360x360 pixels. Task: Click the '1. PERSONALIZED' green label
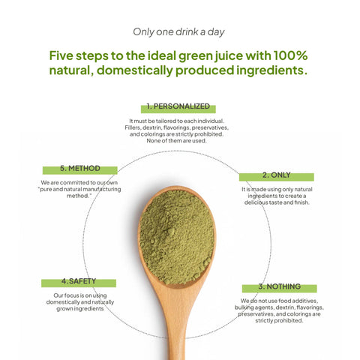(x=178, y=107)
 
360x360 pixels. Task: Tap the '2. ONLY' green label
(x=276, y=175)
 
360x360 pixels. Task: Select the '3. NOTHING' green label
(x=279, y=287)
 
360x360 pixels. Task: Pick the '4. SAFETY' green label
(x=79, y=282)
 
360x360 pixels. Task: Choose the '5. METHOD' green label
(x=79, y=169)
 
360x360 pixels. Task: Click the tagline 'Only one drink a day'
(x=178, y=31)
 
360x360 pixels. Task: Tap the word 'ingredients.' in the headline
(x=268, y=71)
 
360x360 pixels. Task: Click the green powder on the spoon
(x=177, y=236)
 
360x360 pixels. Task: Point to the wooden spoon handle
(x=179, y=322)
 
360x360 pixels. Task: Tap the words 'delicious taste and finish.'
(x=277, y=202)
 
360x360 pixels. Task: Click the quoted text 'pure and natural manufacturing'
(x=79, y=189)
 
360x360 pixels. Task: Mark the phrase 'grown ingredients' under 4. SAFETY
(x=79, y=308)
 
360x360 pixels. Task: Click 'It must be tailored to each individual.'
(x=178, y=121)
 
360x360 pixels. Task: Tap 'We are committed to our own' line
(x=79, y=182)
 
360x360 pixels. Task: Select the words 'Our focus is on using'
(x=79, y=295)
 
